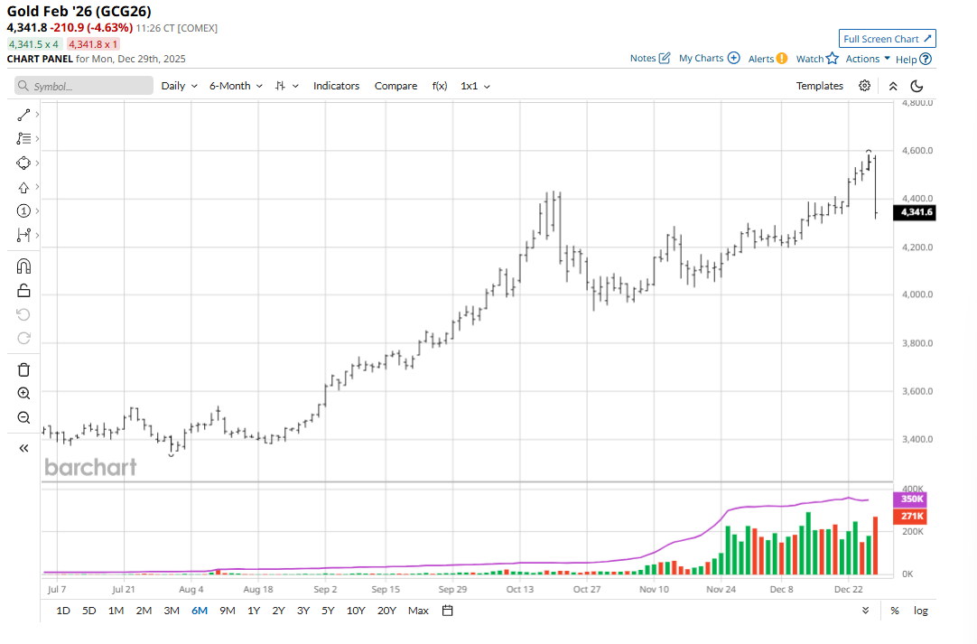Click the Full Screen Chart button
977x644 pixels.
(888, 39)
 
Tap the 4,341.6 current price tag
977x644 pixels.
(915, 212)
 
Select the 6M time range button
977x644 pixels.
(199, 611)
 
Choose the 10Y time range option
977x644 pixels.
(356, 611)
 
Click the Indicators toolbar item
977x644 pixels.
(336, 86)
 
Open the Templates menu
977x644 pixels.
(819, 86)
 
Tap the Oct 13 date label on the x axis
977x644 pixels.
(520, 589)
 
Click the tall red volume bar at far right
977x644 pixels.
(875, 546)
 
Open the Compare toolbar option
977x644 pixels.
(395, 86)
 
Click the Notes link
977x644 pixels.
(650, 59)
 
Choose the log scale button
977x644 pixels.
(920, 611)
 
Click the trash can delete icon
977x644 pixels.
(23, 369)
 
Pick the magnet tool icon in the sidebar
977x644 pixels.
(23, 266)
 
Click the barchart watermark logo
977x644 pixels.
(90, 467)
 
